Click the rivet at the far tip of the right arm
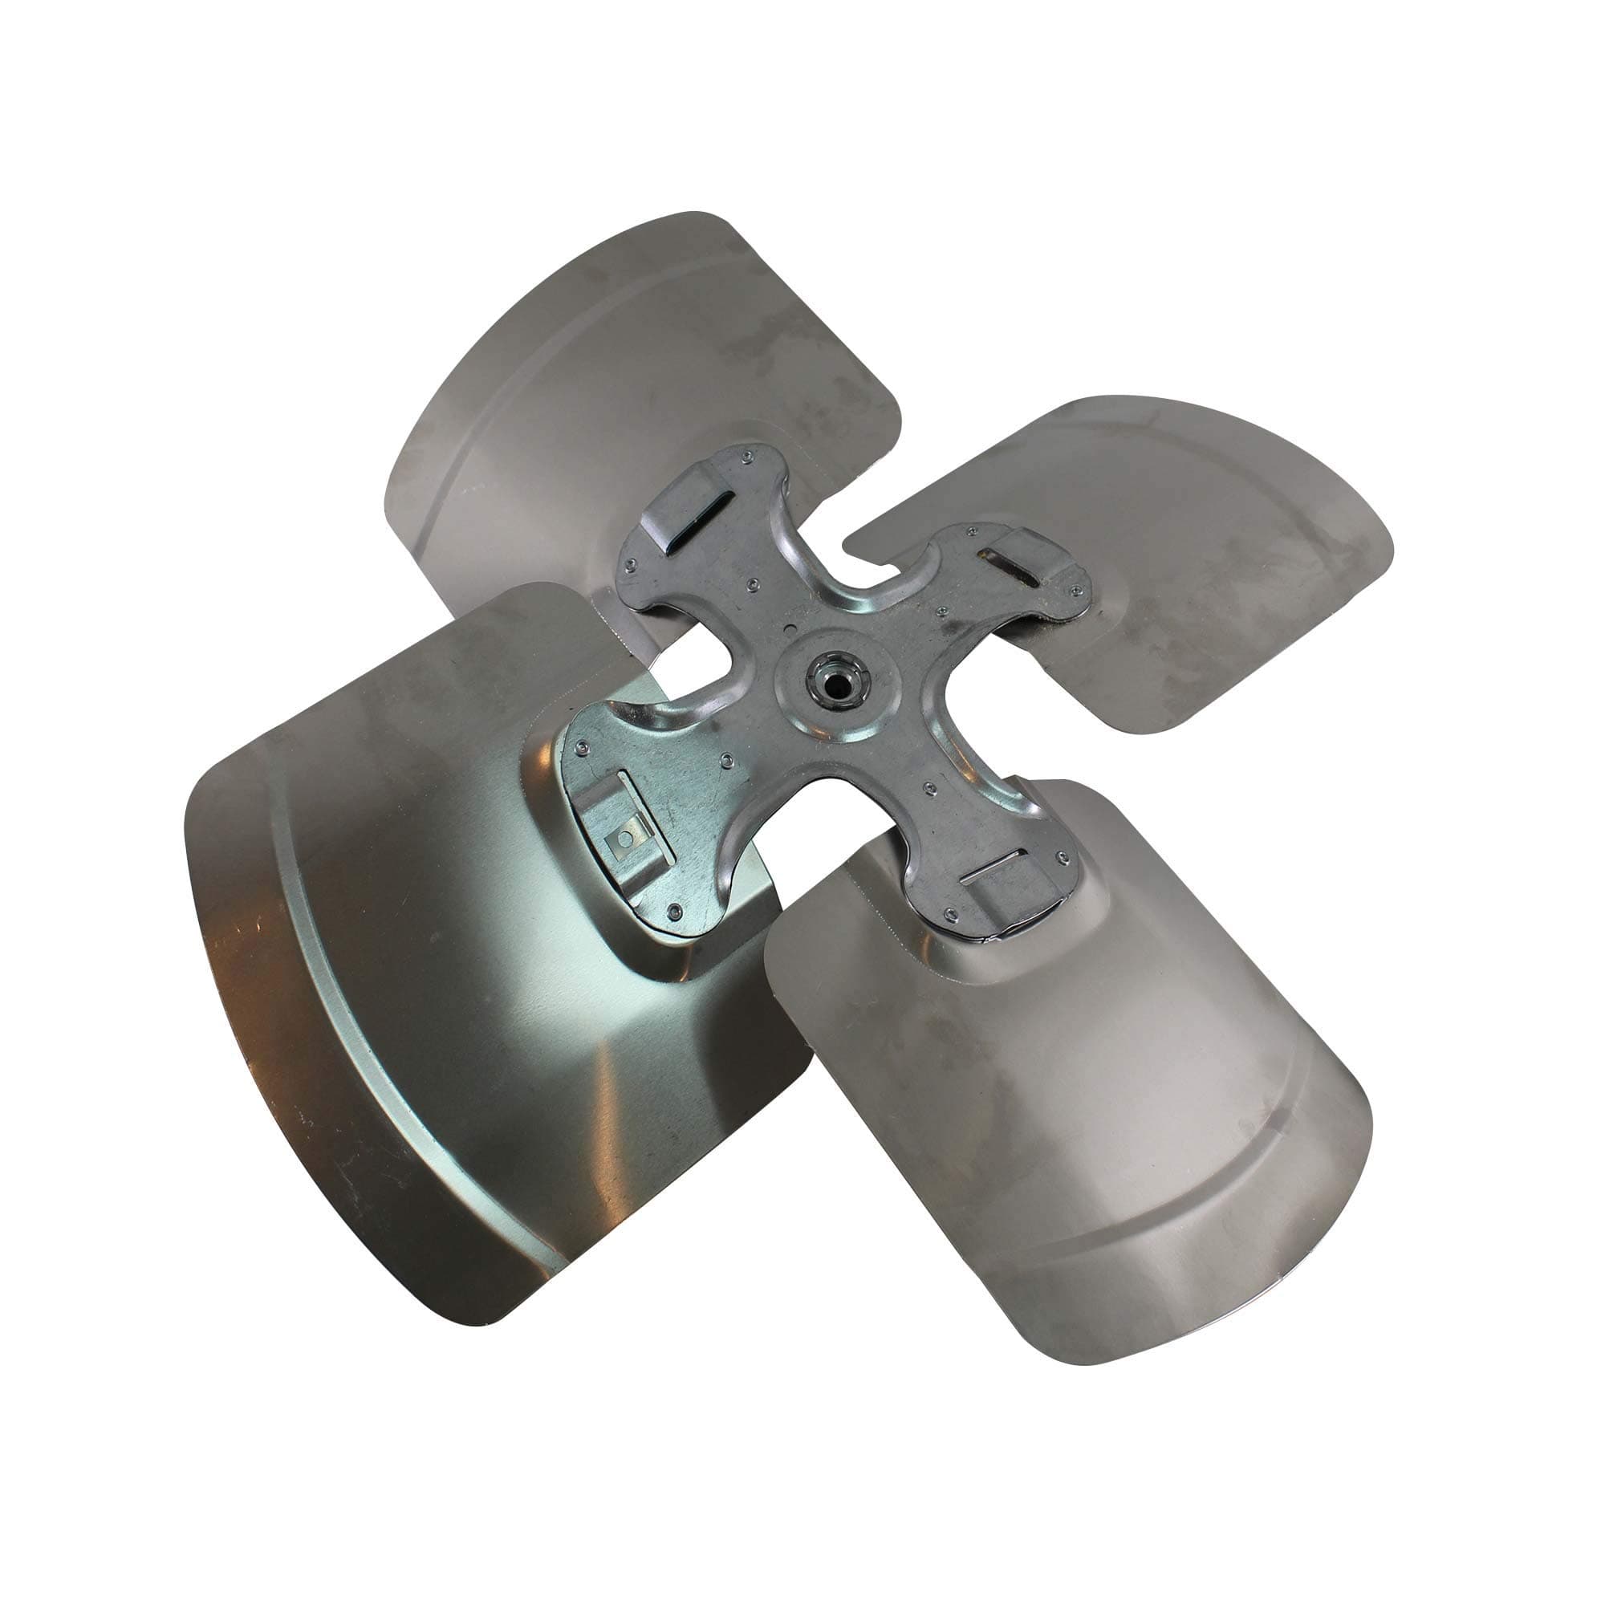pos(1078,591)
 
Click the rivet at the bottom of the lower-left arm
pos(675,912)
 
